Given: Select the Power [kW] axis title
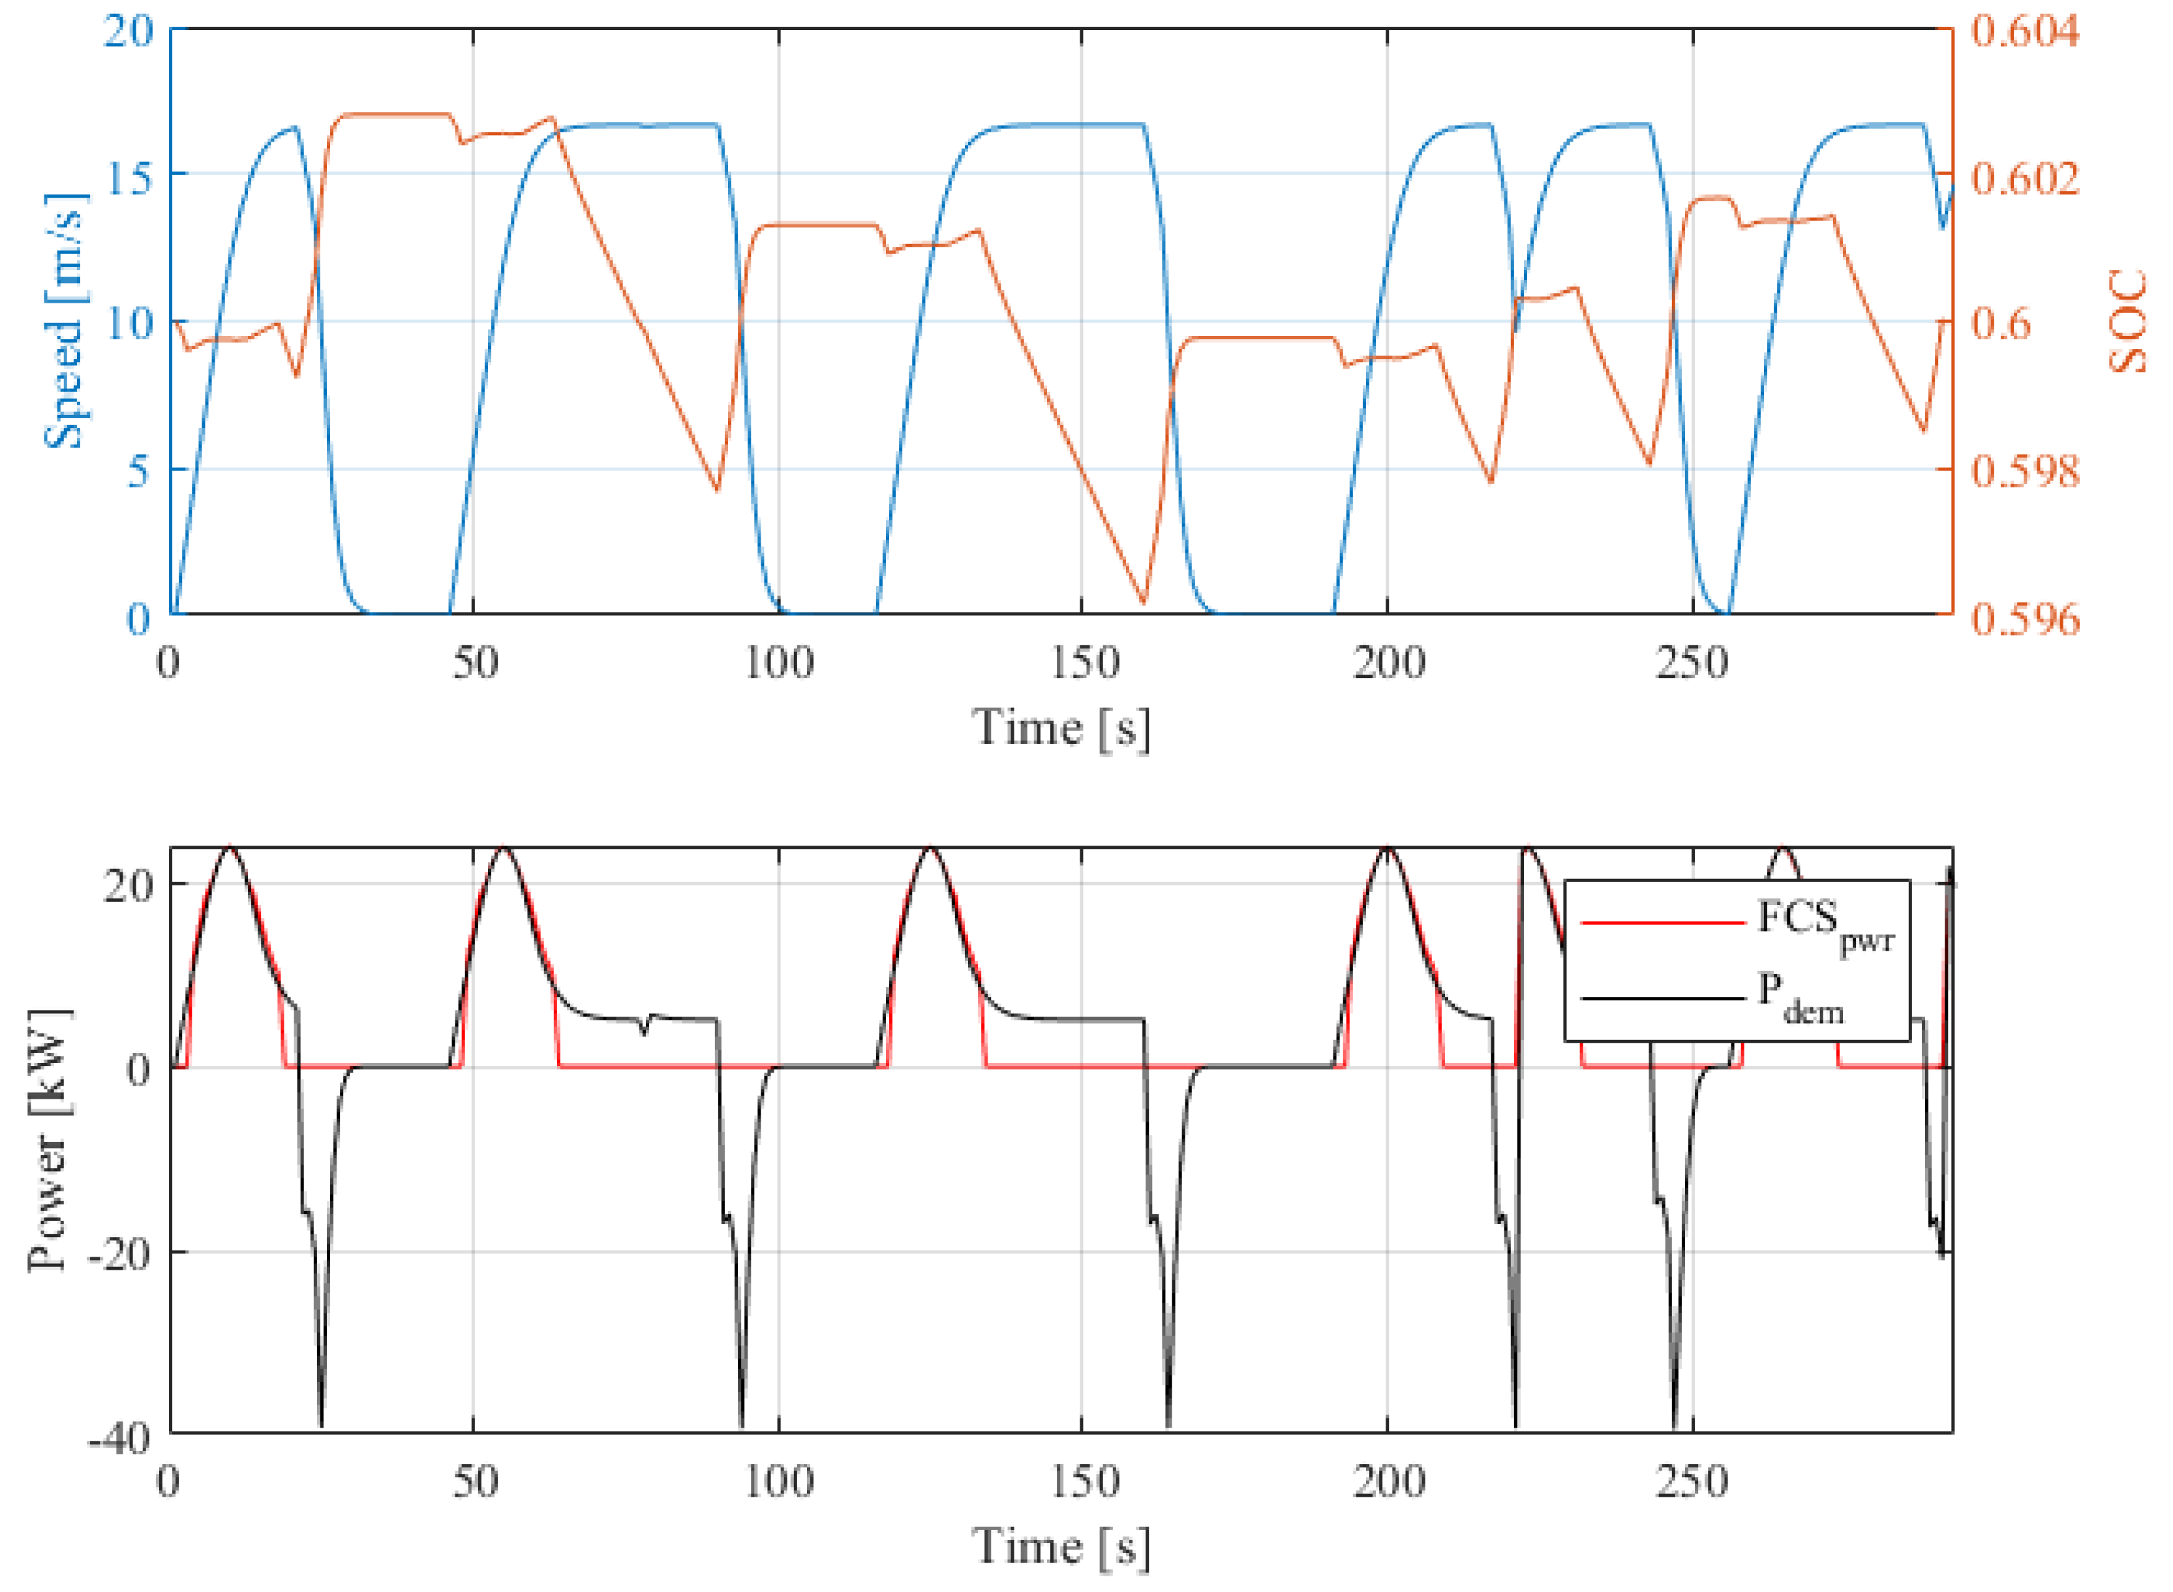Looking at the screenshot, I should click(48, 1140).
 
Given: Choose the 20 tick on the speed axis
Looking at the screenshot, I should click(128, 31).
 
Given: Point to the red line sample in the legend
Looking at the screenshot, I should click(1662, 923).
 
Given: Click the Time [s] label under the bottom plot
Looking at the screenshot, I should click(1061, 1548).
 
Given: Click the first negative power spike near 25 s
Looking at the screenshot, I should click(321, 1424).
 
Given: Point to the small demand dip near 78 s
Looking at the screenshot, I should click(645, 1033).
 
